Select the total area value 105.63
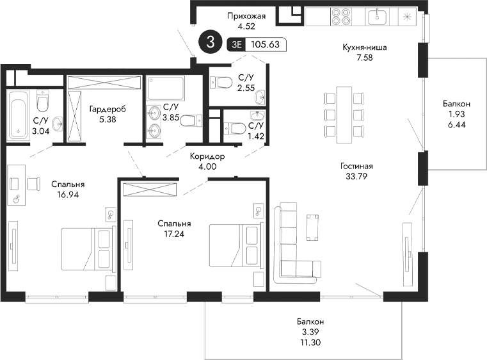[266, 45]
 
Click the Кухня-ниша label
[365, 47]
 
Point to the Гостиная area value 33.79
[356, 176]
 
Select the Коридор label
[207, 156]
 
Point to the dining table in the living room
[345, 113]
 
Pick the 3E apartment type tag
[237, 45]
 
